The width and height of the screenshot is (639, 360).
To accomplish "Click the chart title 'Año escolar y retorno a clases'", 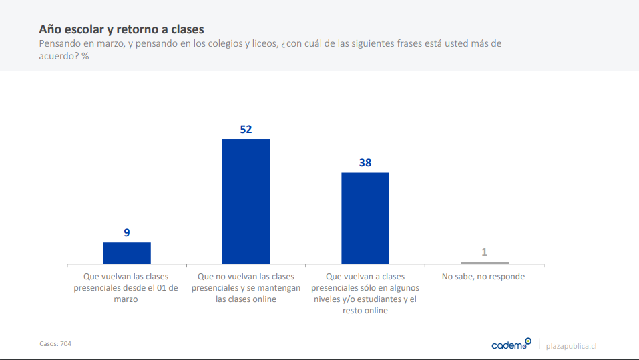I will pyautogui.click(x=121, y=29).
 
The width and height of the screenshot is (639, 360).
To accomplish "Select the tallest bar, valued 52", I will pyautogui.click(x=246, y=201).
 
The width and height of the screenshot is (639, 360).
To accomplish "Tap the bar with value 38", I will pyautogui.click(x=365, y=218).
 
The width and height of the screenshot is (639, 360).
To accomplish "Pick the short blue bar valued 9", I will pyautogui.click(x=127, y=253).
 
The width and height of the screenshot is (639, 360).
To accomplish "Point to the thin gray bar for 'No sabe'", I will pyautogui.click(x=484, y=262).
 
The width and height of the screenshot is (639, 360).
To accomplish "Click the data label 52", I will pyautogui.click(x=246, y=129).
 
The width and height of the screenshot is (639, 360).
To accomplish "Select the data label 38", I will pyautogui.click(x=365, y=162).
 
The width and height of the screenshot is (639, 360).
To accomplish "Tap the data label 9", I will pyautogui.click(x=127, y=232).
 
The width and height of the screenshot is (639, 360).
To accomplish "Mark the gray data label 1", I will pyautogui.click(x=484, y=252).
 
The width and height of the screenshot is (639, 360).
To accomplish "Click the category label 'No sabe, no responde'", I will pyautogui.click(x=484, y=277).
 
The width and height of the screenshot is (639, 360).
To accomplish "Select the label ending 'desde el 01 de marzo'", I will pyautogui.click(x=127, y=288).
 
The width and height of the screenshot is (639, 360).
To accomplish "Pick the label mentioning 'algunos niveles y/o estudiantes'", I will pyautogui.click(x=365, y=293).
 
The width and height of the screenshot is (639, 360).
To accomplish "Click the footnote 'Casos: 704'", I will pyautogui.click(x=55, y=343).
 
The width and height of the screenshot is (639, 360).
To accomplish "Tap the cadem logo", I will pyautogui.click(x=511, y=345).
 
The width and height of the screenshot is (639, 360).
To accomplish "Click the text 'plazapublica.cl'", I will pyautogui.click(x=571, y=345).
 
